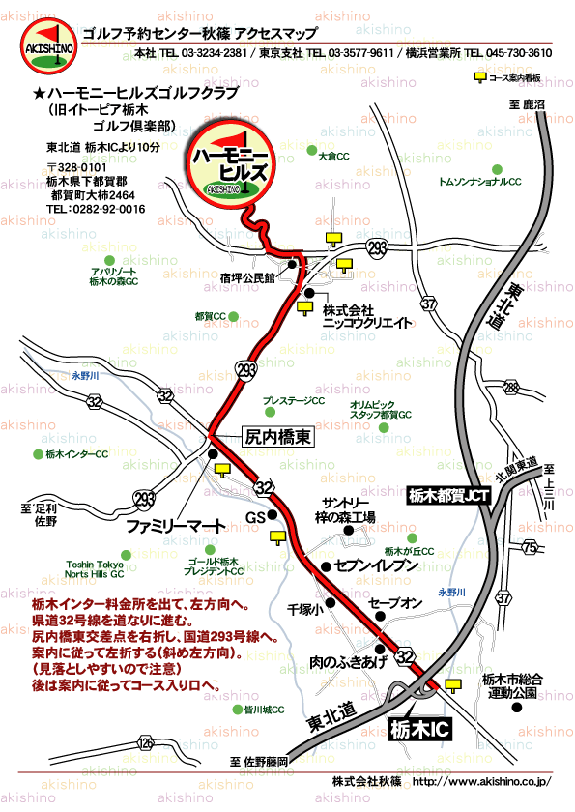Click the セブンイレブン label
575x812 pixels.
pos(376,565)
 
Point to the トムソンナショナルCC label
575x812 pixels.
pos(479,182)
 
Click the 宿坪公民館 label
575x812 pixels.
pos(247,277)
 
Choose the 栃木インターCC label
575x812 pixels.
pos(76,454)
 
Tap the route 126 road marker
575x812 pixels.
pos(145,742)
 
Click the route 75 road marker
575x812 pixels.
pos(529,548)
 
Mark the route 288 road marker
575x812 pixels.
pos(511,389)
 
